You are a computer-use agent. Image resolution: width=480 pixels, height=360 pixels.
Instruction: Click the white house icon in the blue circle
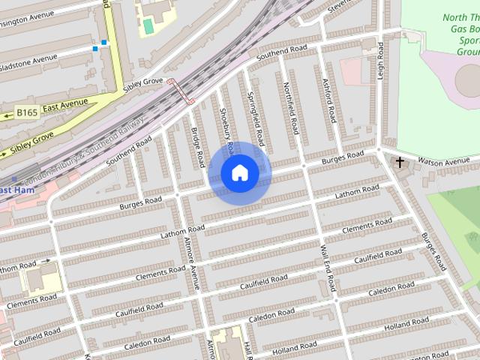(240, 173)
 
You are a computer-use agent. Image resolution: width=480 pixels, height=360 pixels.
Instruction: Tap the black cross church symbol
(400, 162)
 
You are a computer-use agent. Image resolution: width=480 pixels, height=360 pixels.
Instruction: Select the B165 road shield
(28, 113)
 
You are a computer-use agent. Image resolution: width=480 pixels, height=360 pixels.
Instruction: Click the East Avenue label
(65, 106)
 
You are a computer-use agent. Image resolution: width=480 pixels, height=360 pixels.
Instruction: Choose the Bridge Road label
(197, 145)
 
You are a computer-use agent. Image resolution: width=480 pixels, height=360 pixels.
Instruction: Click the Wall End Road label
(327, 268)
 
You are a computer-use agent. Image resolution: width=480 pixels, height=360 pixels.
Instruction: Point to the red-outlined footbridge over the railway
(181, 91)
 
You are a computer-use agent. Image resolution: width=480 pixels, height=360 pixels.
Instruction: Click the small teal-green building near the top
(148, 25)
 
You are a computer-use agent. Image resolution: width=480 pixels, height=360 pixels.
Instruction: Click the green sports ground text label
(461, 34)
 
